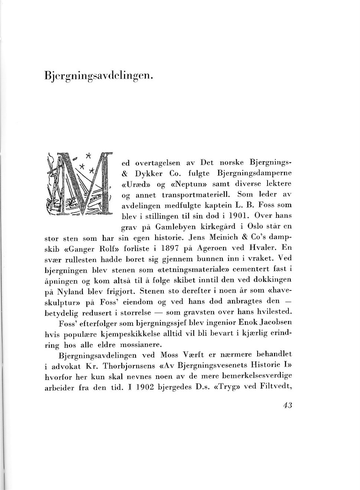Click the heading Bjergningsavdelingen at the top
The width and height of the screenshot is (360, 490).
point(98,75)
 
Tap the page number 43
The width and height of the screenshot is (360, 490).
point(288,405)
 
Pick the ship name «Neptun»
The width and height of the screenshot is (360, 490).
point(180,183)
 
